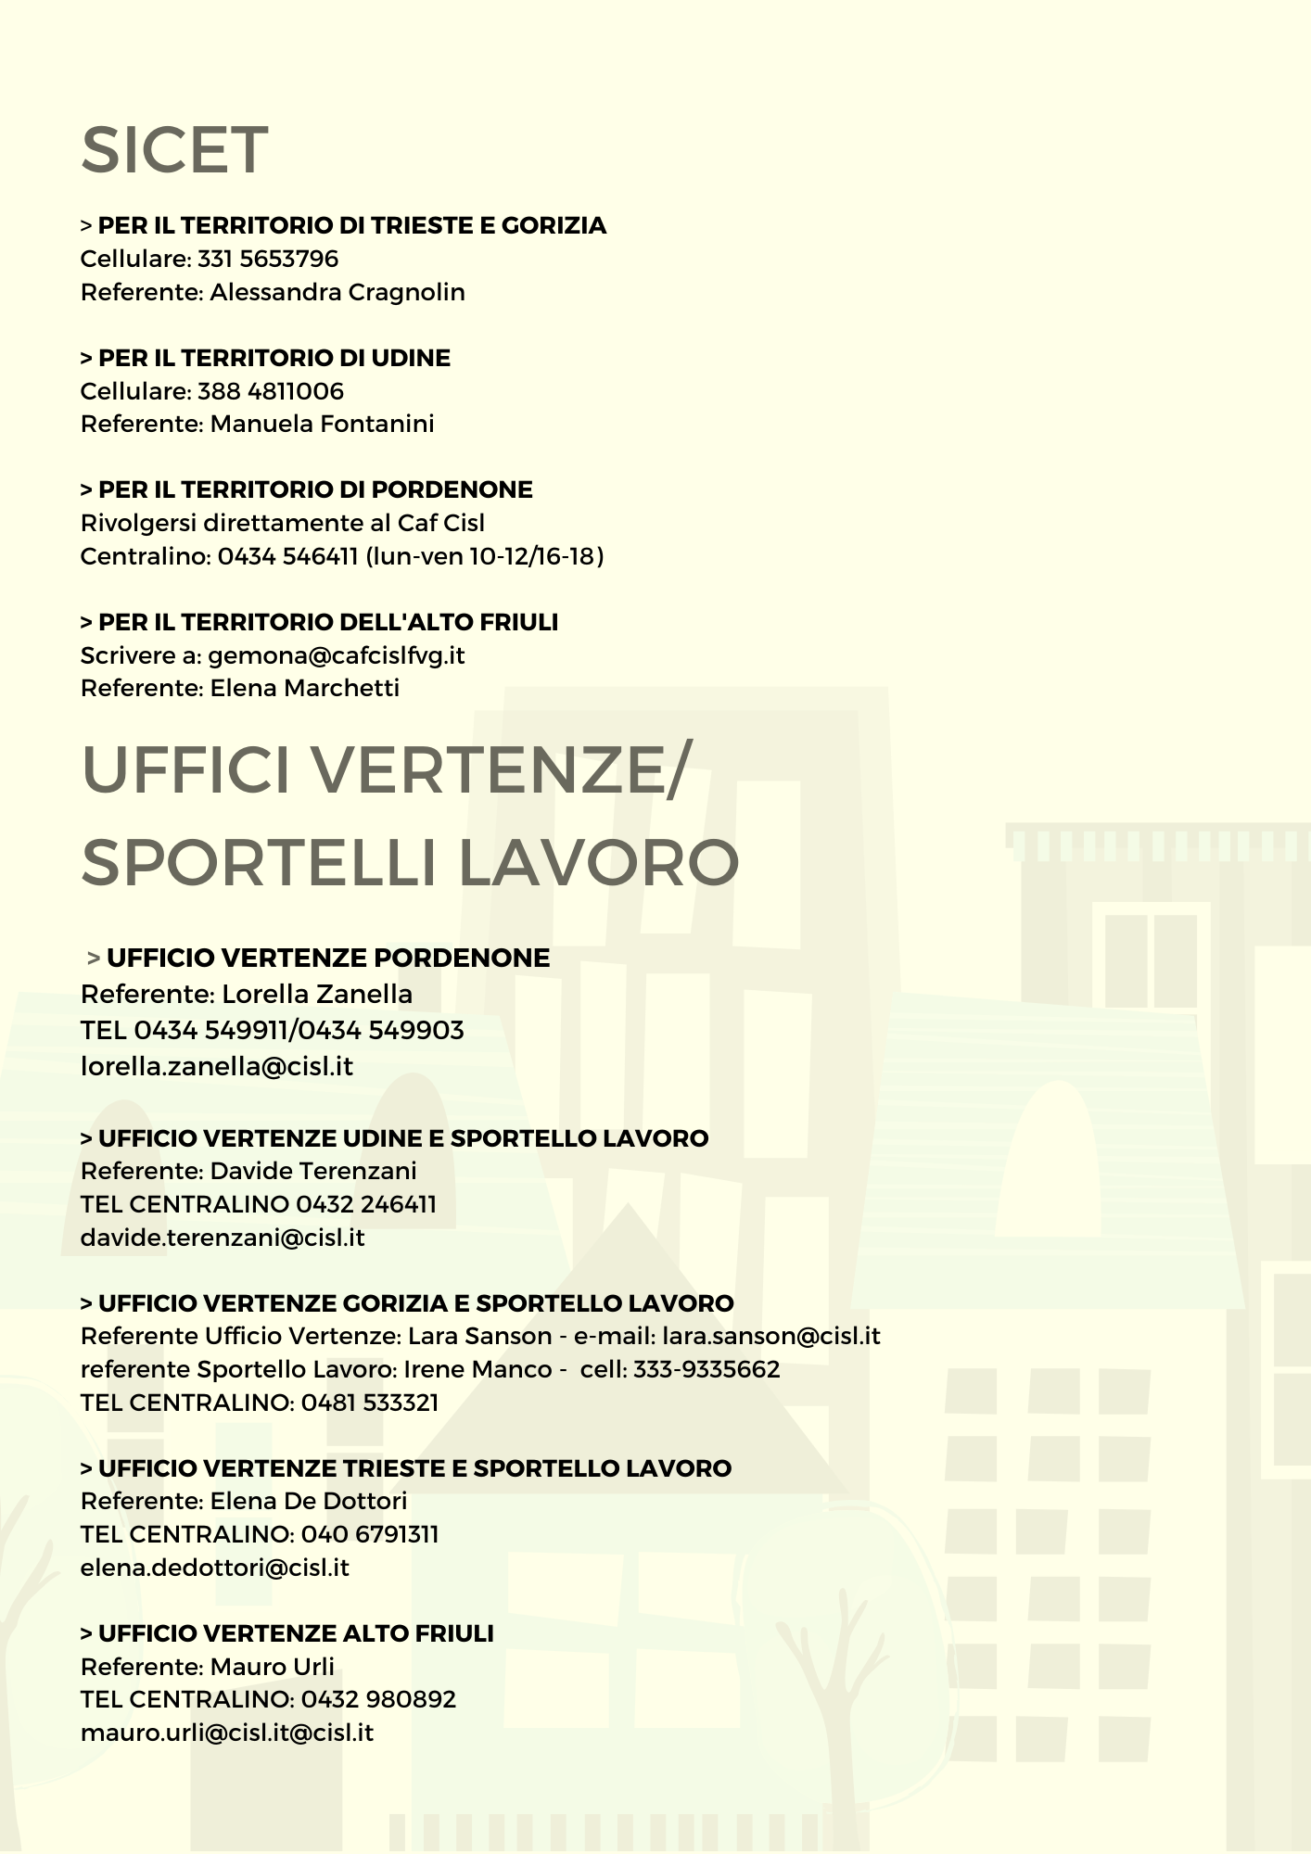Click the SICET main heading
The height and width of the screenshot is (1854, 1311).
tap(174, 150)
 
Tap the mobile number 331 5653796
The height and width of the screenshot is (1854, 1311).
tap(268, 259)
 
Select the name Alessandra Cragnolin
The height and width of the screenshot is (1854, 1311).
tap(337, 292)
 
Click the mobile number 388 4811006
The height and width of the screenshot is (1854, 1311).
tap(271, 391)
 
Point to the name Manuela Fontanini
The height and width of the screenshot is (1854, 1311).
tap(322, 424)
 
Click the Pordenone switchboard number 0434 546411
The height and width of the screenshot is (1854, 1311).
tap(287, 556)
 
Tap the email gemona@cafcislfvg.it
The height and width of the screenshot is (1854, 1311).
tap(336, 655)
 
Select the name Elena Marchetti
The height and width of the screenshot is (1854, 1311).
tap(304, 688)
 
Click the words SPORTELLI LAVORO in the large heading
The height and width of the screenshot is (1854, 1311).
tap(410, 862)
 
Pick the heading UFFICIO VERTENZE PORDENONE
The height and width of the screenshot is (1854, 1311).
tap(328, 958)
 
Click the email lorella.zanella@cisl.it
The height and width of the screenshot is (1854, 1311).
tap(217, 1066)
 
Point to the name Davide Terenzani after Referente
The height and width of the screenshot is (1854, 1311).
tap(313, 1171)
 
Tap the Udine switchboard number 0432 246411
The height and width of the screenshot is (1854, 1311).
tap(365, 1204)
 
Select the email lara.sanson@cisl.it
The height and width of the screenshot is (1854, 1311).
tap(771, 1336)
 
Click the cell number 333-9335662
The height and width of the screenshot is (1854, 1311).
tap(706, 1369)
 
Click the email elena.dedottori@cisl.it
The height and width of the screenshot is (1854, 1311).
tap(215, 1568)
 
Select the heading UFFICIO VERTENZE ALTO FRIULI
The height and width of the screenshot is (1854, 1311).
tap(296, 1633)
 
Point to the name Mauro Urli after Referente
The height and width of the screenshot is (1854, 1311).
tap(272, 1667)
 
